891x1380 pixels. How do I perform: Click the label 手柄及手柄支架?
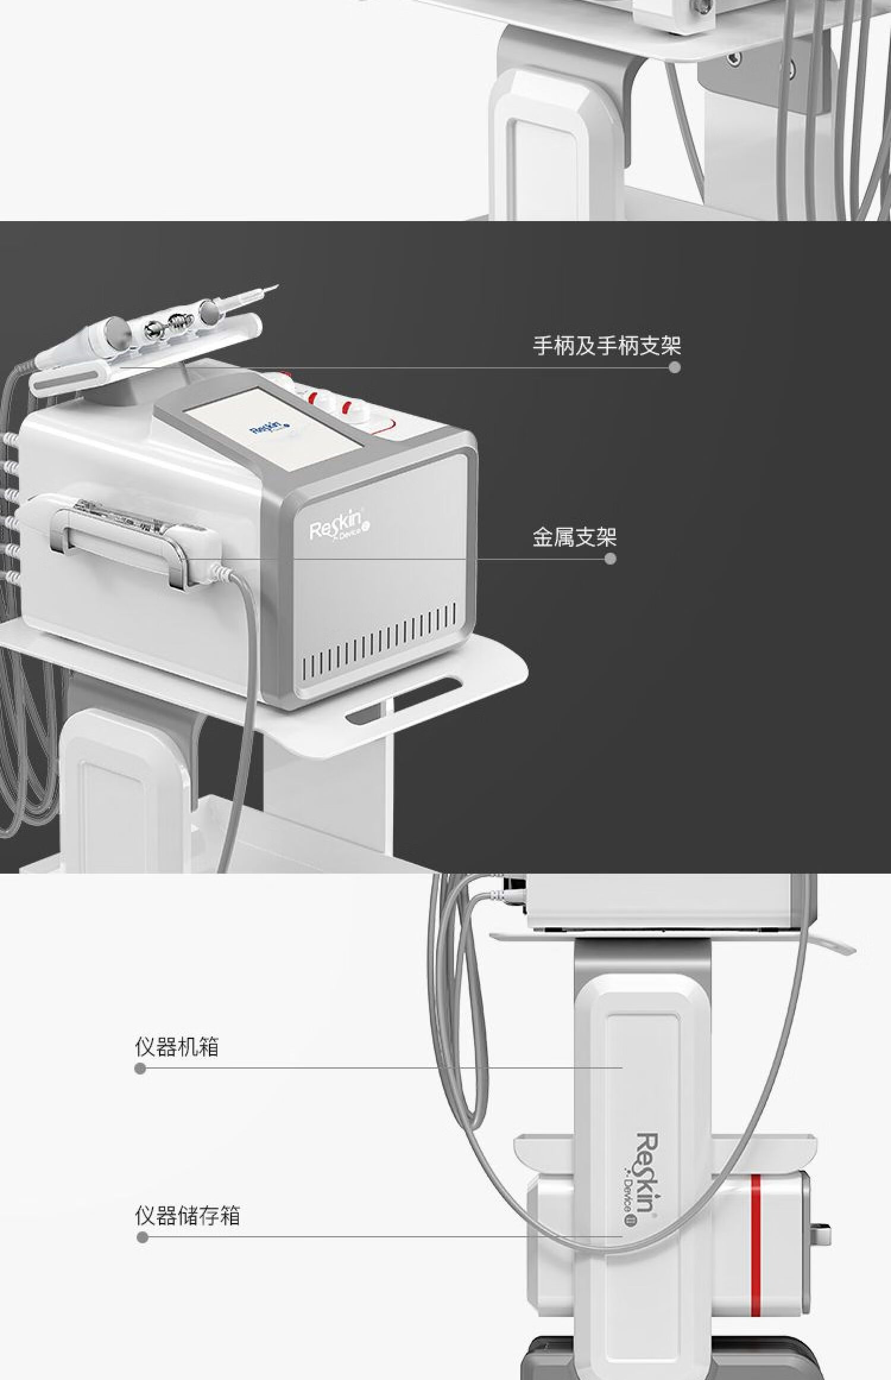pos(606,346)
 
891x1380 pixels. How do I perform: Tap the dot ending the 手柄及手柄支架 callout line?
pos(674,367)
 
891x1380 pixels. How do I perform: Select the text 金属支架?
pos(574,537)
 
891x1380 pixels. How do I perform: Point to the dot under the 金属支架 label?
pos(610,559)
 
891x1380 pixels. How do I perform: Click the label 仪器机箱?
pos(176,1047)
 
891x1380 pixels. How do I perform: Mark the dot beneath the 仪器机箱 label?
pos(140,1069)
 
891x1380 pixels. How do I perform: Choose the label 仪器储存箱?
pos(187,1216)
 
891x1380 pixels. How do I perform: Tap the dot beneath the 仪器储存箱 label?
pos(142,1238)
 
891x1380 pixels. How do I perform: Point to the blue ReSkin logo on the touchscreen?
pos(267,429)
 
